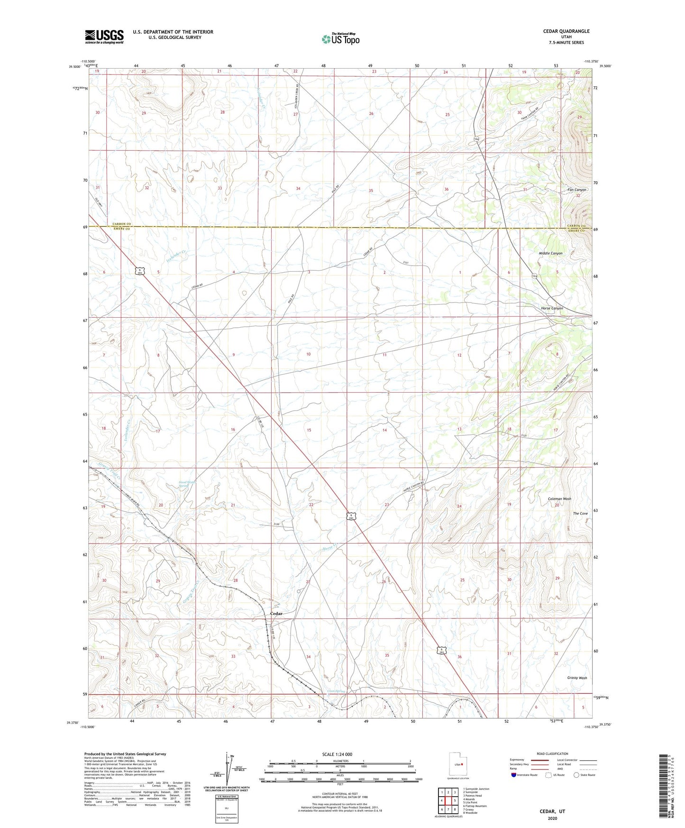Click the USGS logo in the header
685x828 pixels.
[x=104, y=37]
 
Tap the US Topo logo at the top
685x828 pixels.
[x=340, y=38]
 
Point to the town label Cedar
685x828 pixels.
[x=276, y=614]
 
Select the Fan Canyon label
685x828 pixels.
[x=577, y=190]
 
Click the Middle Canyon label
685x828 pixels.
[x=550, y=253]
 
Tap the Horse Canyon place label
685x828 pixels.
[x=552, y=308]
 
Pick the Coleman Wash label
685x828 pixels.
[x=559, y=499]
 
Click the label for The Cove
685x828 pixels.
[x=580, y=514]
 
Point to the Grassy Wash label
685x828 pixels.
[x=577, y=678]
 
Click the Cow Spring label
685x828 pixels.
[x=336, y=691]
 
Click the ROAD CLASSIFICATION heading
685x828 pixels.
[x=552, y=754]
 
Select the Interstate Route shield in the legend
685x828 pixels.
[x=514, y=775]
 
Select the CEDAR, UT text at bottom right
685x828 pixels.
[x=552, y=811]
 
